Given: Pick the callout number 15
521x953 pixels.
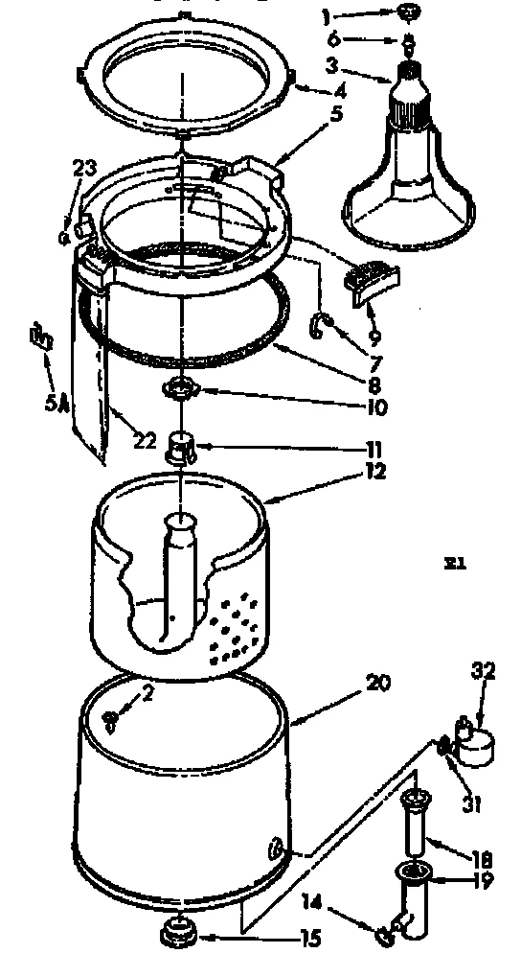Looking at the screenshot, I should (x=308, y=940).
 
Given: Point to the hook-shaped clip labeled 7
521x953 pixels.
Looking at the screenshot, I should (x=319, y=326).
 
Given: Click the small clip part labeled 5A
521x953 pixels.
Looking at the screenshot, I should (x=40, y=338).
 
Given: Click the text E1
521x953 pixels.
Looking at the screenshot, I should (x=454, y=564).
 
